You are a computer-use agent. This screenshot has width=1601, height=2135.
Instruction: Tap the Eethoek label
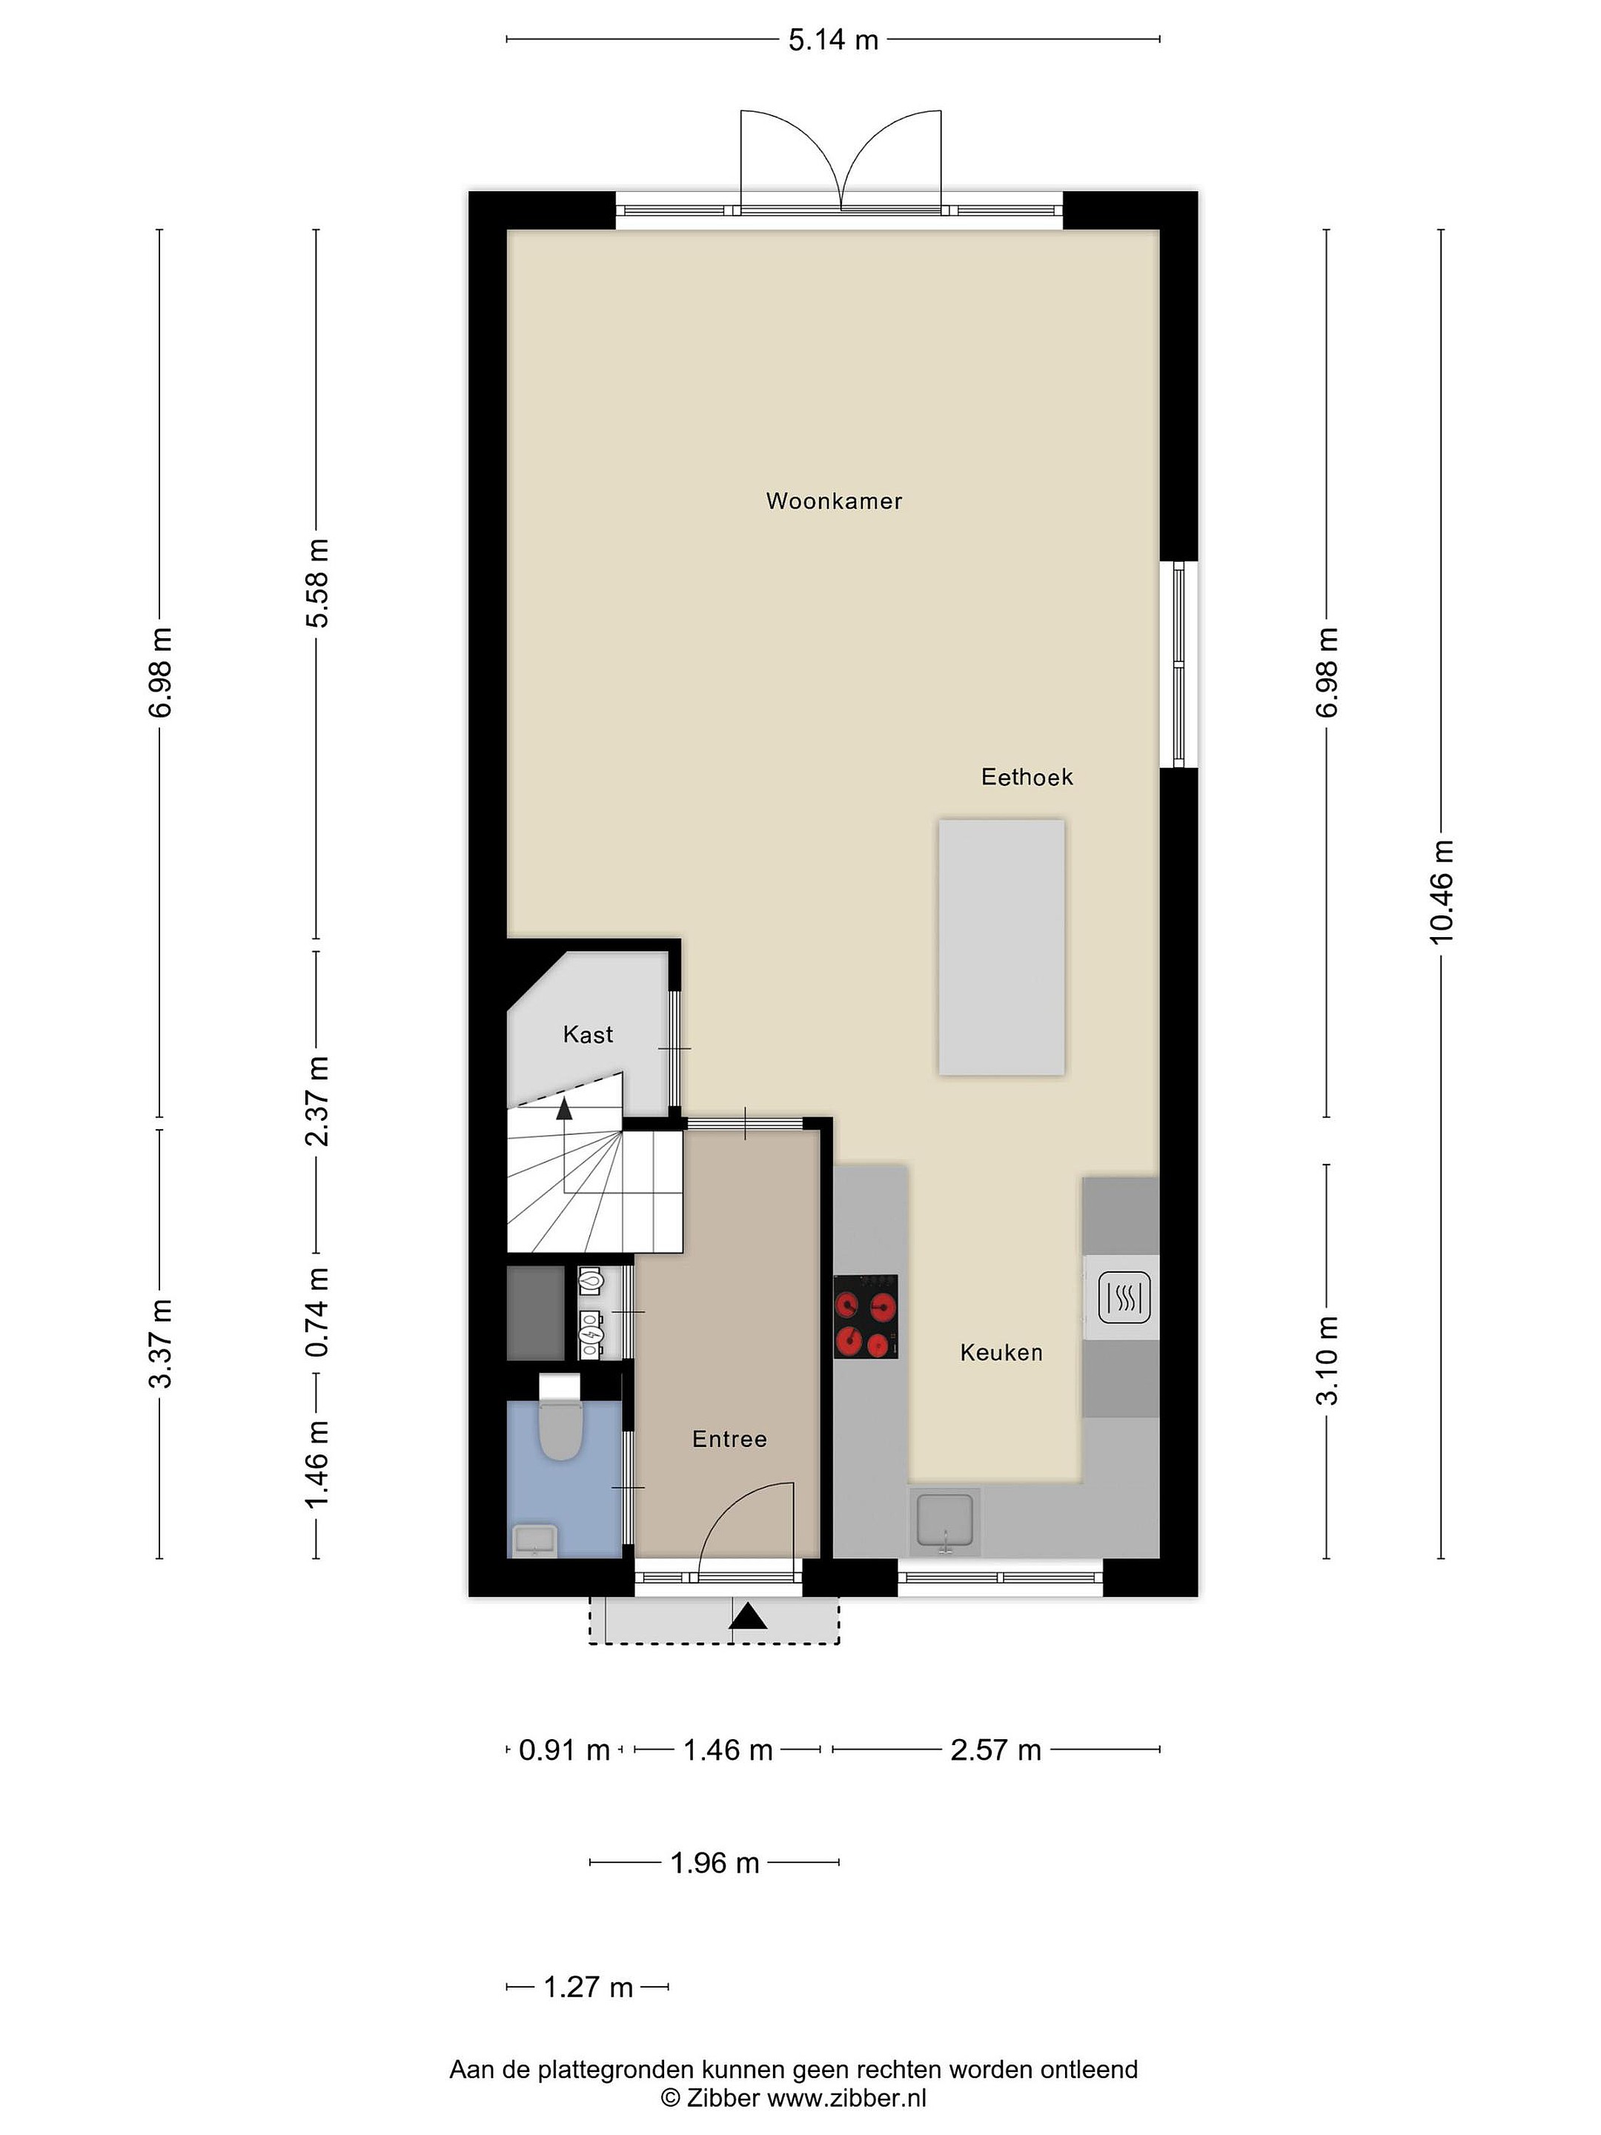tap(1027, 777)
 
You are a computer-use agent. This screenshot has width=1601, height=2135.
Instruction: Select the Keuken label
tap(1001, 1352)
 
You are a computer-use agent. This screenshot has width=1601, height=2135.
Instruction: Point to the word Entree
tap(729, 1439)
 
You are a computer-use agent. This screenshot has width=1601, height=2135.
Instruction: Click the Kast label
tap(588, 1035)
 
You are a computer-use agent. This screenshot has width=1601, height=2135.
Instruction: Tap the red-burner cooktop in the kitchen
tap(866, 1317)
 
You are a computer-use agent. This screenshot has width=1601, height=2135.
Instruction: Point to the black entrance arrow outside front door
tap(748, 1615)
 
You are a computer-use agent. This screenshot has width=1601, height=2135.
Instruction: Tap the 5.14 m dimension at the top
tap(834, 39)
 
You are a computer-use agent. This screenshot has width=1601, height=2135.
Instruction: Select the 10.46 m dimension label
tap(1441, 892)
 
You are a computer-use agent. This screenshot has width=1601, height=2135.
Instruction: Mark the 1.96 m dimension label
tap(715, 1863)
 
